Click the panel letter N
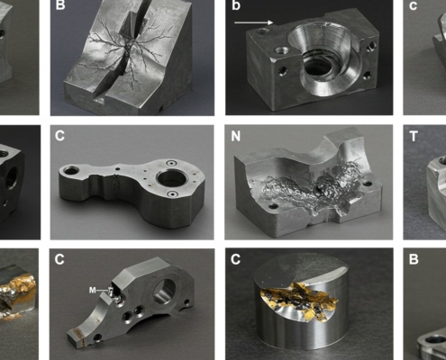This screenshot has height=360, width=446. (x=236, y=136)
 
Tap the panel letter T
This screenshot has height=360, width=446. (x=414, y=136)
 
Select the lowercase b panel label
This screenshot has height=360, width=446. (x=236, y=5)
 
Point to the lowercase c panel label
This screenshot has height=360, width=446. (x=413, y=6)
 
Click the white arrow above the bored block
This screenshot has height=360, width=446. (x=253, y=22)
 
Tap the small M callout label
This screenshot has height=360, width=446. (x=93, y=290)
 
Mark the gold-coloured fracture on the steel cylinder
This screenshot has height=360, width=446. (x=299, y=300)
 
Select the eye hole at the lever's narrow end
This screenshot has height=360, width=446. (x=71, y=171)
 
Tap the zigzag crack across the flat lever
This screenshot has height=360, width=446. (x=115, y=185)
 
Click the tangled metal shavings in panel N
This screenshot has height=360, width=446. (x=304, y=186)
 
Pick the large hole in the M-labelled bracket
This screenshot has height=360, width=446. (x=164, y=291)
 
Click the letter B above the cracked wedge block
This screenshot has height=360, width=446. (x=60, y=5)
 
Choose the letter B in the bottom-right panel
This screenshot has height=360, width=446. (x=414, y=259)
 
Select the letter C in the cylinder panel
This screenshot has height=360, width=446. (x=236, y=259)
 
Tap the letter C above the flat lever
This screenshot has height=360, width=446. (x=59, y=136)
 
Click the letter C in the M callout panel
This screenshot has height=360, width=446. (x=59, y=259)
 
